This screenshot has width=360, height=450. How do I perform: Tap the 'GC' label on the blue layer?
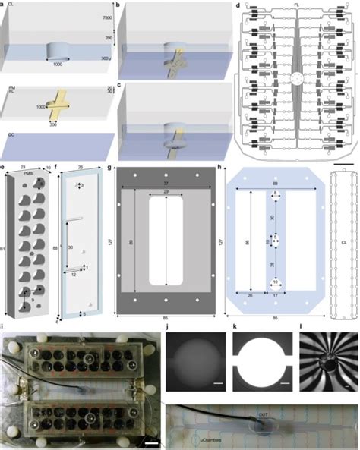pyautogui.click(x=9, y=138)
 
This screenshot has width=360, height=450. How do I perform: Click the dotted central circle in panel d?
pyautogui.click(x=297, y=78)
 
